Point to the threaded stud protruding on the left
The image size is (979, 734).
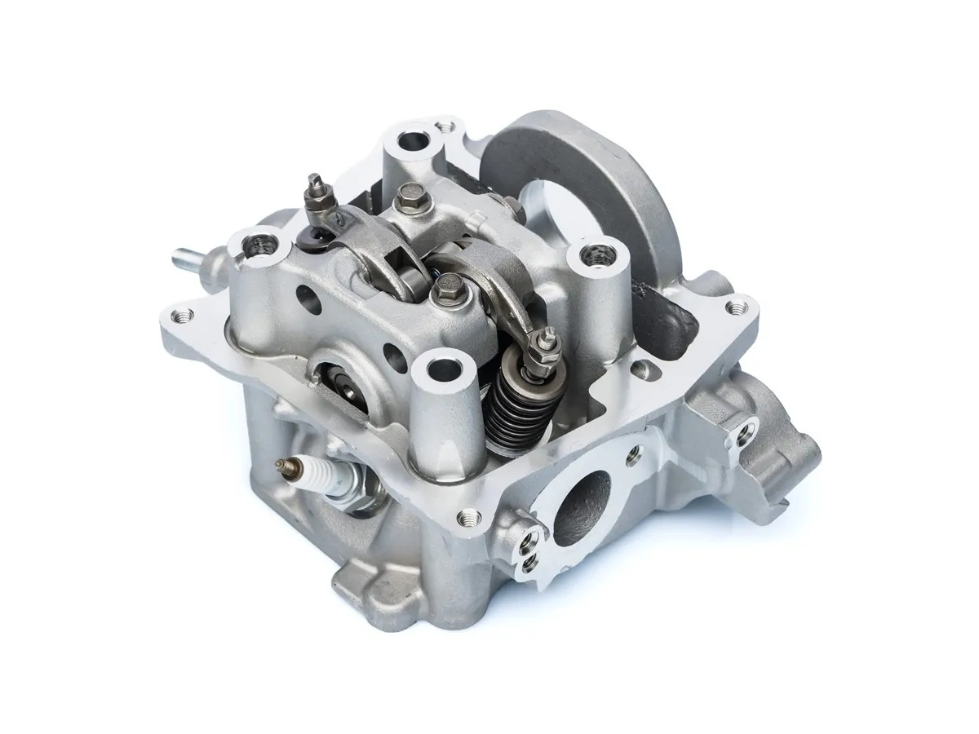pyautogui.click(x=187, y=262)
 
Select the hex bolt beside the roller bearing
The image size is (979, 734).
pyautogui.click(x=448, y=286)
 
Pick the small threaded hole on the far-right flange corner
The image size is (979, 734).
pyautogui.click(x=739, y=307)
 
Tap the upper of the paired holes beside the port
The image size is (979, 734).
pyautogui.click(x=534, y=537)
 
